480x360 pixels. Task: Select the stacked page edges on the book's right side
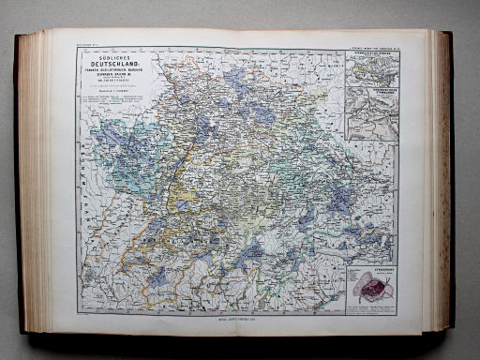[440, 178]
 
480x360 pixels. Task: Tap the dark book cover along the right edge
[452, 178]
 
